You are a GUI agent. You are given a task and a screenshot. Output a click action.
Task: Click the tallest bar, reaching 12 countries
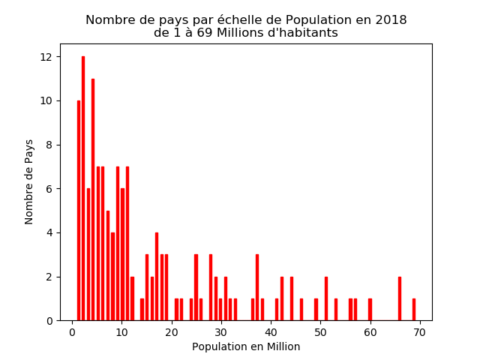[x=83, y=188]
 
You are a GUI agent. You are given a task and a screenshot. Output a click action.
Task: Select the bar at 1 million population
[x=78, y=210]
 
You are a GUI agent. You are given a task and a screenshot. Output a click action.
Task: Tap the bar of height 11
[x=93, y=199]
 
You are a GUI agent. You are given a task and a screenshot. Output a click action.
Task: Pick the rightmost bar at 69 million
[x=413, y=310]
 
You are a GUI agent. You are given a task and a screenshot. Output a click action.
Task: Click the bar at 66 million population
[x=399, y=298]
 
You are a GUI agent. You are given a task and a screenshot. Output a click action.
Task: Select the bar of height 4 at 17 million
[x=157, y=277]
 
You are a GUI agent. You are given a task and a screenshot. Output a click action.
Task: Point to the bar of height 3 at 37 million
[x=256, y=287]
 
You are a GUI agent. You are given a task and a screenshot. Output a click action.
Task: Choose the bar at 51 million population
[x=325, y=298]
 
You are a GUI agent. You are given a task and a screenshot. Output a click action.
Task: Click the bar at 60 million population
[x=370, y=310]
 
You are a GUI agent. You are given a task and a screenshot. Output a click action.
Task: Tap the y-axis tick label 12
[x=46, y=57]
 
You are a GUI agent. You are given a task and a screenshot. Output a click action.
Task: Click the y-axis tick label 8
[x=49, y=145]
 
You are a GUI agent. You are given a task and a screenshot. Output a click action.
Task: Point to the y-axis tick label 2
[x=49, y=277]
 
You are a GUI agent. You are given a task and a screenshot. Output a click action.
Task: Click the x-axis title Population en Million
[x=246, y=347]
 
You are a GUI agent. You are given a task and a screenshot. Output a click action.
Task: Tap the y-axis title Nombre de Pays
[x=29, y=181]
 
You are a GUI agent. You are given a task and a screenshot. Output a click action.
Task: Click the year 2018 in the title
[x=391, y=20]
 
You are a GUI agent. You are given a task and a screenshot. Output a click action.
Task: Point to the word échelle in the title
[x=214, y=20]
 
